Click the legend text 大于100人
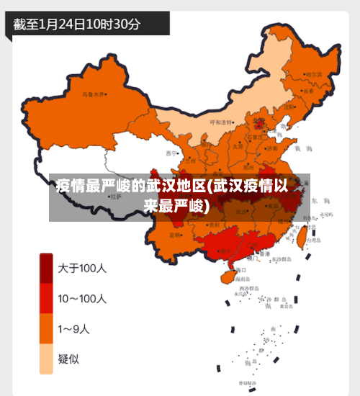tap(82, 269)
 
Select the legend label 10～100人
tap(82, 298)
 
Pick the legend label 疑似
tap(69, 359)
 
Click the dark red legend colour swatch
tap(46, 269)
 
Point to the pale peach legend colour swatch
tap(46, 359)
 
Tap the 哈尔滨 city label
tap(313, 74)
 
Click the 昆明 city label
tap(175, 235)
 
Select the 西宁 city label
tap(171, 153)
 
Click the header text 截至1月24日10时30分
tap(77, 24)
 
